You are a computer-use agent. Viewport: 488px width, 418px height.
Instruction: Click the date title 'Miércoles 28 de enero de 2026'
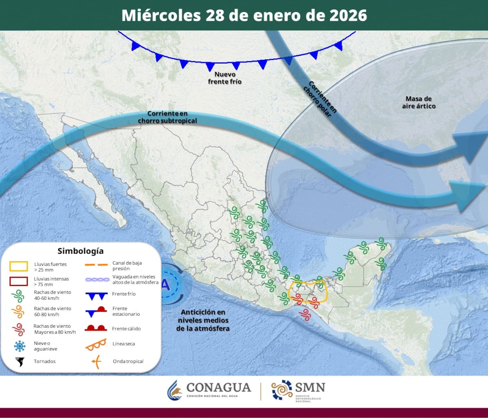click(244, 15)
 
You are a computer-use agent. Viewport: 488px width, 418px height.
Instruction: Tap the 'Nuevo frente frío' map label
click(225, 78)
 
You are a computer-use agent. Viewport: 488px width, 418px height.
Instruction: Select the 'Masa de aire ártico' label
click(418, 102)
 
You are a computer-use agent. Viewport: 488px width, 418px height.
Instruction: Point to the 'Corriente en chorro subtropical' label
click(167, 117)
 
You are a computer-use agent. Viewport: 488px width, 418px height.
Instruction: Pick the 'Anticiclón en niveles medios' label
click(203, 320)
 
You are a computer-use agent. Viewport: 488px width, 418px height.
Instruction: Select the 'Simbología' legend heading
click(81, 251)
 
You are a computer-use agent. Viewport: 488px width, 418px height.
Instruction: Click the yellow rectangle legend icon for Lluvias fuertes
click(19, 267)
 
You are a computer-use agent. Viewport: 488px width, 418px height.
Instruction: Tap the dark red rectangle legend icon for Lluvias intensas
click(19, 281)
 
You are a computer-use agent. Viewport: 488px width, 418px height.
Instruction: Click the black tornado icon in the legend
click(19, 361)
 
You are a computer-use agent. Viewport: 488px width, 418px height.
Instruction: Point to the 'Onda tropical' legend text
click(128, 361)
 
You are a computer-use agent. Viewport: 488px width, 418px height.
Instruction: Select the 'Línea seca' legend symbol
click(96, 345)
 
